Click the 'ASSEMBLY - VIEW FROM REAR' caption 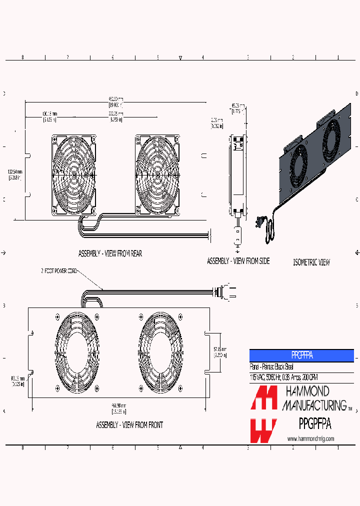coord(109,253)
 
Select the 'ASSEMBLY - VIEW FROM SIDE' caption coord(238,261)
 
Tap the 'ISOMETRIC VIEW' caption coord(311,262)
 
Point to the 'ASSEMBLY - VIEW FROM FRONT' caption coord(129,424)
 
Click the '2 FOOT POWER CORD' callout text coord(60,271)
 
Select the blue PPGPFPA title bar coord(301,355)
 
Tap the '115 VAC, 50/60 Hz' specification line coord(283,377)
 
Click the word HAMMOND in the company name coord(306,391)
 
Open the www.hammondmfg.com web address coord(310,438)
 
